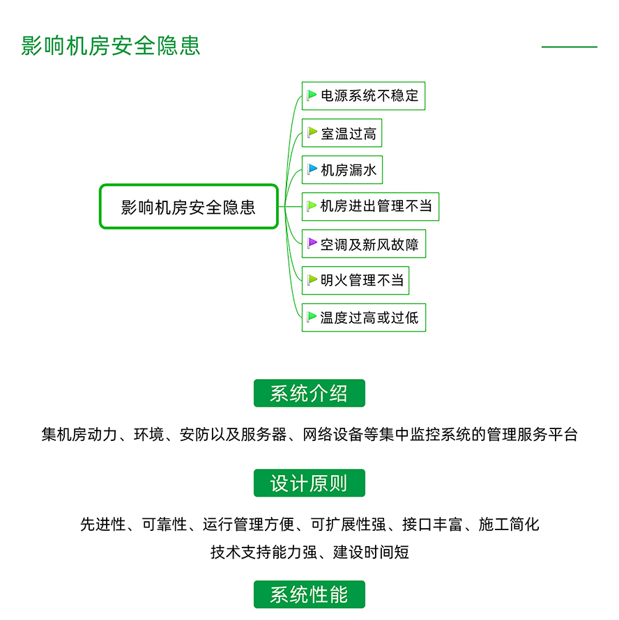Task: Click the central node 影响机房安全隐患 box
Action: coord(189,206)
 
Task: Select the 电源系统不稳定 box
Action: coord(363,95)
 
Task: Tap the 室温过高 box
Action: coord(342,133)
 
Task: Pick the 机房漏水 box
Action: coord(342,170)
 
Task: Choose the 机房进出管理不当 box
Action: coord(370,206)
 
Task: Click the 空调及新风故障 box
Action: coord(364,244)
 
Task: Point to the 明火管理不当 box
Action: coord(356,280)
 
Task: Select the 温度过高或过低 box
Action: coord(364,318)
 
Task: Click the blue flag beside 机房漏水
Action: coord(312,169)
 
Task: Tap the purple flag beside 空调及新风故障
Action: coord(312,243)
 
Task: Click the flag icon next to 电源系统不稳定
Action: coord(312,95)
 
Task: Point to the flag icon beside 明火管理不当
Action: coord(312,280)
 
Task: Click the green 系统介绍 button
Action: coord(309,393)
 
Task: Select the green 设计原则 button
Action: coord(309,483)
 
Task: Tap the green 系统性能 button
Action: coord(309,594)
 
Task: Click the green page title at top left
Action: coord(110,46)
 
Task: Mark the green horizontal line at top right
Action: coord(569,47)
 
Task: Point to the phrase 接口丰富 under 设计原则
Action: coord(432,525)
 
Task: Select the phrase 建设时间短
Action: coord(371,552)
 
